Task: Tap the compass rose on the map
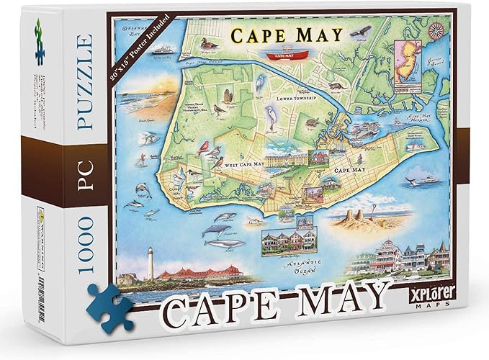(x=435, y=30)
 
